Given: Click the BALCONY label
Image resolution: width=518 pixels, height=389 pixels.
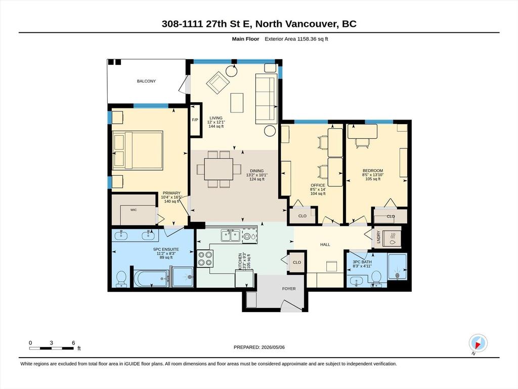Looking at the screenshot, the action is pyautogui.click(x=146, y=81).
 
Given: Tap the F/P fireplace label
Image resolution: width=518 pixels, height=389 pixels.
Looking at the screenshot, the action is pyautogui.click(x=195, y=120).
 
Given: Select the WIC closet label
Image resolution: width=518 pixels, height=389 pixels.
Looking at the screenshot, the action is pyautogui.click(x=134, y=210).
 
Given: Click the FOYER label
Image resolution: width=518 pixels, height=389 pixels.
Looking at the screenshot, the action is pyautogui.click(x=289, y=288).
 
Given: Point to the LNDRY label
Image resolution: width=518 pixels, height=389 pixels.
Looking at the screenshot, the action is pyautogui.click(x=378, y=237).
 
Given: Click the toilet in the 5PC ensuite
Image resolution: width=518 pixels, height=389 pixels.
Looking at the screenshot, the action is pyautogui.click(x=121, y=279).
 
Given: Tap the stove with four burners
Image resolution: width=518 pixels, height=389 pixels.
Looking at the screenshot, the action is pyautogui.click(x=205, y=258).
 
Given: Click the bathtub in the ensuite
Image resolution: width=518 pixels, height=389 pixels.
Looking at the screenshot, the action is pyautogui.click(x=152, y=278).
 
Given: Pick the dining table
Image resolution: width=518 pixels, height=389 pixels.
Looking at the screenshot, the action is pyautogui.click(x=219, y=169).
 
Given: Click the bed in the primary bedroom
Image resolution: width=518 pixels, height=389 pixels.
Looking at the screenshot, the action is pyautogui.click(x=138, y=150).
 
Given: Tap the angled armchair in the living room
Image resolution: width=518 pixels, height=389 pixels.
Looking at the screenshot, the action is pyautogui.click(x=218, y=83).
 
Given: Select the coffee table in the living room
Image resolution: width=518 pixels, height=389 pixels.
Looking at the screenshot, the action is pyautogui.click(x=237, y=103).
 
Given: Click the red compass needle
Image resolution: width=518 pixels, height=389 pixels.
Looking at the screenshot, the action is pyautogui.click(x=478, y=345).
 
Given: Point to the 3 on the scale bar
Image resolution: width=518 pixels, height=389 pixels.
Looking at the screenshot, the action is pyautogui.click(x=51, y=343).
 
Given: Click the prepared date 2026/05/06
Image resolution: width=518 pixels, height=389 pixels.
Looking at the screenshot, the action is pyautogui.click(x=273, y=347).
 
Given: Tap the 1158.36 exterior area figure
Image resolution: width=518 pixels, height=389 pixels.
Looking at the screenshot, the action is pyautogui.click(x=307, y=38).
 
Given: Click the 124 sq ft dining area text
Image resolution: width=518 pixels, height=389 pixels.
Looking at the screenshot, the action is pyautogui.click(x=257, y=179).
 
